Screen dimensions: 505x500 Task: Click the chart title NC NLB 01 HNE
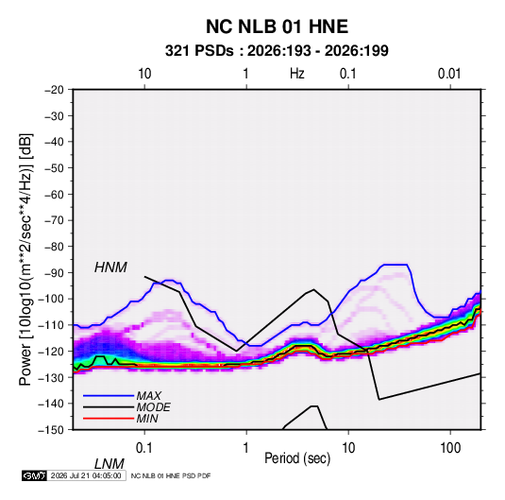277,26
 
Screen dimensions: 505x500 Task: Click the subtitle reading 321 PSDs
199,51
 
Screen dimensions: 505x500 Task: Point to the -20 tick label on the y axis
54,90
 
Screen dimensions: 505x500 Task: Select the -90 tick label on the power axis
54,272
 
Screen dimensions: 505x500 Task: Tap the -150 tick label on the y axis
52,430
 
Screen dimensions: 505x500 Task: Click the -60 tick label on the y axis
54,194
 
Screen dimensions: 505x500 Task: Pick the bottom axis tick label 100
450,448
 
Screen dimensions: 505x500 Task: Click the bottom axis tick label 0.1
144,448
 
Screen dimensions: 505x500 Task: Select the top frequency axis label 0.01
449,74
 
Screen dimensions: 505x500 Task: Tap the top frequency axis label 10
144,74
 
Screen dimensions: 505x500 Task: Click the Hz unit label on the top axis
297,74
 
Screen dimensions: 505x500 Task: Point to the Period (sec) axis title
297,458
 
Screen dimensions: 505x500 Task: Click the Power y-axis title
25,259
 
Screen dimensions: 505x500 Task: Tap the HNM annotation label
110,267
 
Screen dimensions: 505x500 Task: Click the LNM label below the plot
109,464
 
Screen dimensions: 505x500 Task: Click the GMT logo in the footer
35,475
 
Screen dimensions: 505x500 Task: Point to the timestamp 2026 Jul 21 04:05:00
86,475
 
